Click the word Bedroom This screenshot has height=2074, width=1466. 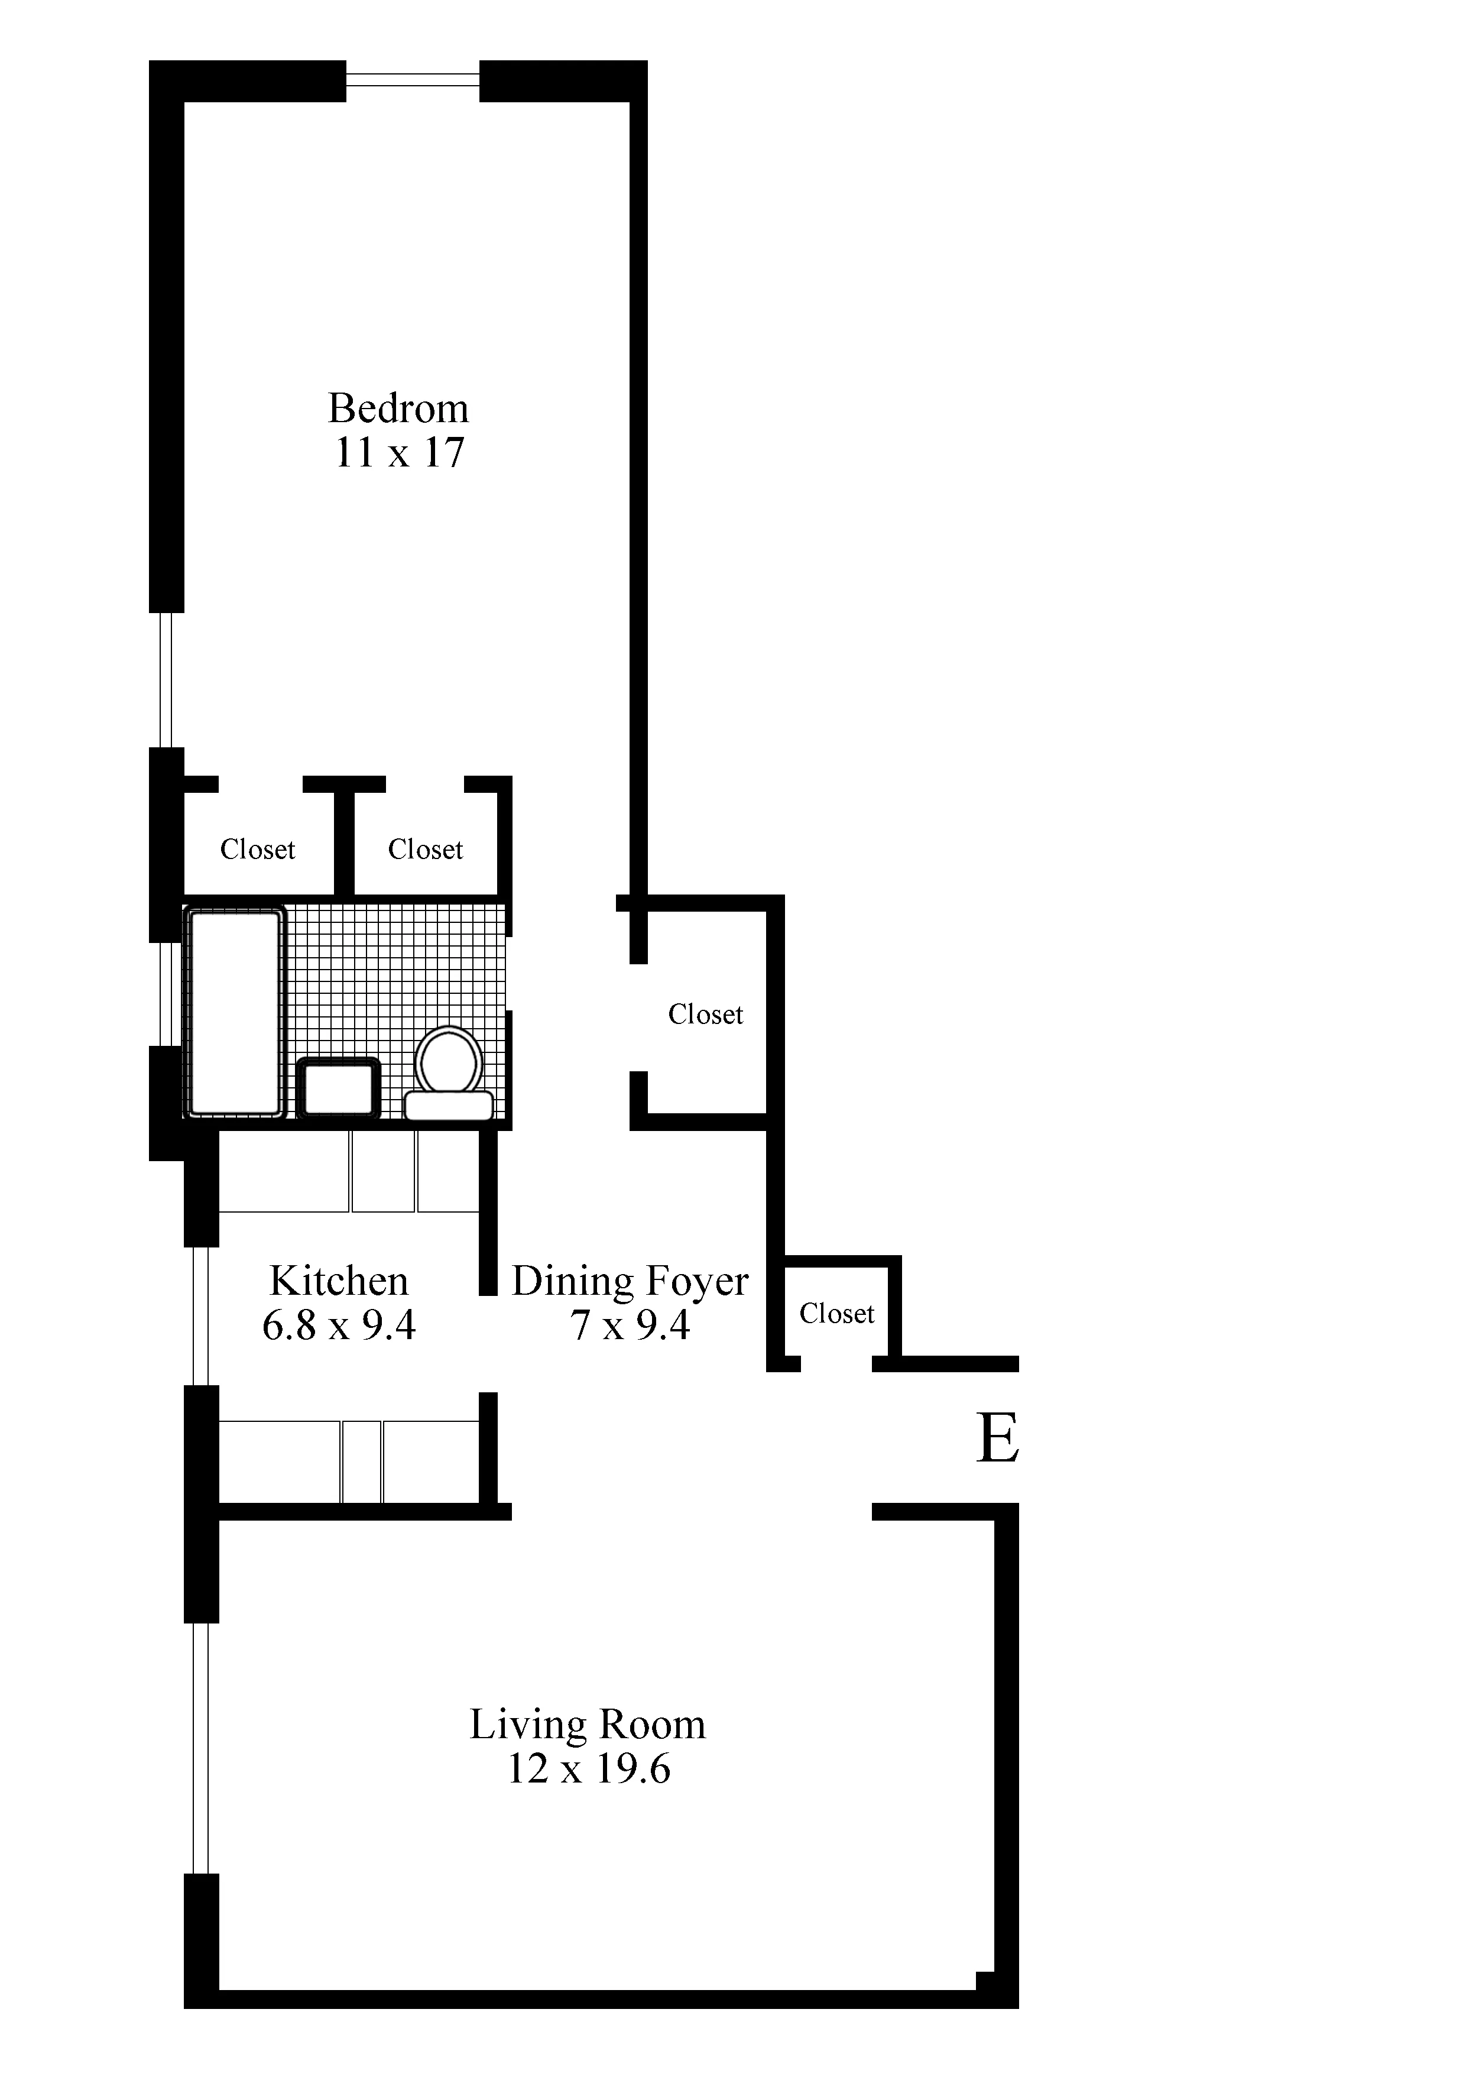(398, 409)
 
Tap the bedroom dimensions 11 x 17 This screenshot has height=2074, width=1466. (399, 452)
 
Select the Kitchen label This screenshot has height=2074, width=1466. (339, 1281)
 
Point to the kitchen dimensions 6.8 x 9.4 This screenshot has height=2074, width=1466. (339, 1325)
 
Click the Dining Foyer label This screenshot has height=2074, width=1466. (630, 1281)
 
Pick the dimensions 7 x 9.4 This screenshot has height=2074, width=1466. (630, 1325)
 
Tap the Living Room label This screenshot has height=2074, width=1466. (587, 1725)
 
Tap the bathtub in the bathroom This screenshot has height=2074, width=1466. (235, 1013)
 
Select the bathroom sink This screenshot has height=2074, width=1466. (339, 1088)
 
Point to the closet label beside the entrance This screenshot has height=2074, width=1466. (836, 1314)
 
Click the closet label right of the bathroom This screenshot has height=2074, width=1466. (705, 1015)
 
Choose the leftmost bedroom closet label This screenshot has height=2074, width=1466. (257, 849)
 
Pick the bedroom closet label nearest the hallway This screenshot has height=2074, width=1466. (426, 849)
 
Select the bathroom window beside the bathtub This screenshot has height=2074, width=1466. (166, 994)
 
